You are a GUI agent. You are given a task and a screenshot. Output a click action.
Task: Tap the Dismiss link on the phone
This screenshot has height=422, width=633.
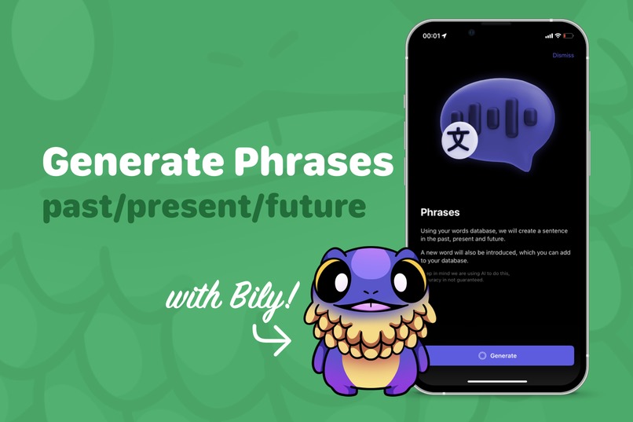click(563, 56)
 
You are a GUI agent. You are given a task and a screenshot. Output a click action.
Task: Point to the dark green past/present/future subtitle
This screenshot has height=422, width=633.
click(204, 206)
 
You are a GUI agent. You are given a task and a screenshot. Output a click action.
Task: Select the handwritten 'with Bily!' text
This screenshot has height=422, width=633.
click(232, 299)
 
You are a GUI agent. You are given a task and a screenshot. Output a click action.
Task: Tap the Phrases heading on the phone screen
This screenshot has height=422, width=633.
click(441, 212)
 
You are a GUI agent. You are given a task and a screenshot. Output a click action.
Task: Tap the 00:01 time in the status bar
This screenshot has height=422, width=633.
click(431, 36)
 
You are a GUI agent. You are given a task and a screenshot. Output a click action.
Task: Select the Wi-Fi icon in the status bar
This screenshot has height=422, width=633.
click(558, 36)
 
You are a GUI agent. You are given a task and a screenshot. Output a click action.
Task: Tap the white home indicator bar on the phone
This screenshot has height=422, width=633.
click(497, 381)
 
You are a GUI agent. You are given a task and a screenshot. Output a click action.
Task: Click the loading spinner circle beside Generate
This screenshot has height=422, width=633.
click(482, 356)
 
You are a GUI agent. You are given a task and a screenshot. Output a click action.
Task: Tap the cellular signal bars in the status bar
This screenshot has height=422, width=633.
click(548, 36)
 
